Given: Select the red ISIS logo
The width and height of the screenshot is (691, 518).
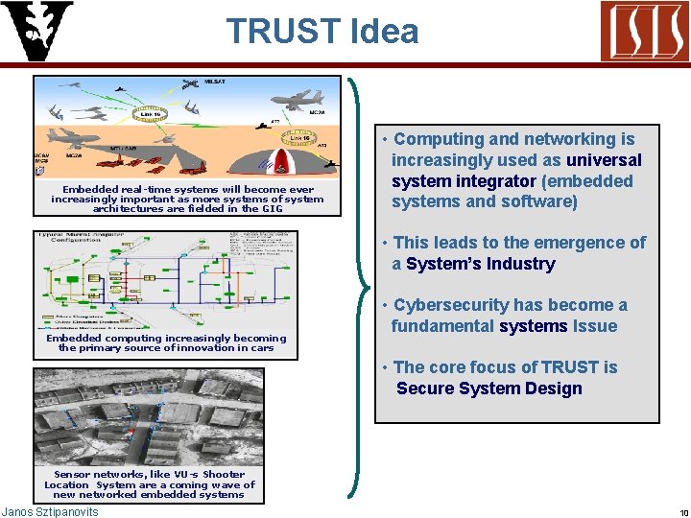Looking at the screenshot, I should [x=643, y=32].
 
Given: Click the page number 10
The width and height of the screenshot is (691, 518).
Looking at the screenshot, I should [x=679, y=512].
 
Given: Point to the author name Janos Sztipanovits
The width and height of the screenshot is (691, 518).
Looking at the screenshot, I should [x=50, y=512].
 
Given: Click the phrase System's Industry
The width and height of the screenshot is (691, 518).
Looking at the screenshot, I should [x=481, y=264].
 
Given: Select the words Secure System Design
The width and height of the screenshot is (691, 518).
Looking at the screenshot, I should [x=489, y=388].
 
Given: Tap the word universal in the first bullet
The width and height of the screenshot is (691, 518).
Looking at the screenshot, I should [x=604, y=160].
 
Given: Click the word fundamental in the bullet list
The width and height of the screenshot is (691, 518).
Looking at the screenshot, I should [x=442, y=326].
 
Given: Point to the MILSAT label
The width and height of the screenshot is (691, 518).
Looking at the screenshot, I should [x=216, y=82].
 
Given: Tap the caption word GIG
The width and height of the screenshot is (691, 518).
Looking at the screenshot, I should [x=273, y=208].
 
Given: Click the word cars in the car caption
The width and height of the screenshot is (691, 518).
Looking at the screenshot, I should [x=260, y=348].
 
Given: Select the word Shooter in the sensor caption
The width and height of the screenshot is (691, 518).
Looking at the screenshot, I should [x=224, y=474].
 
